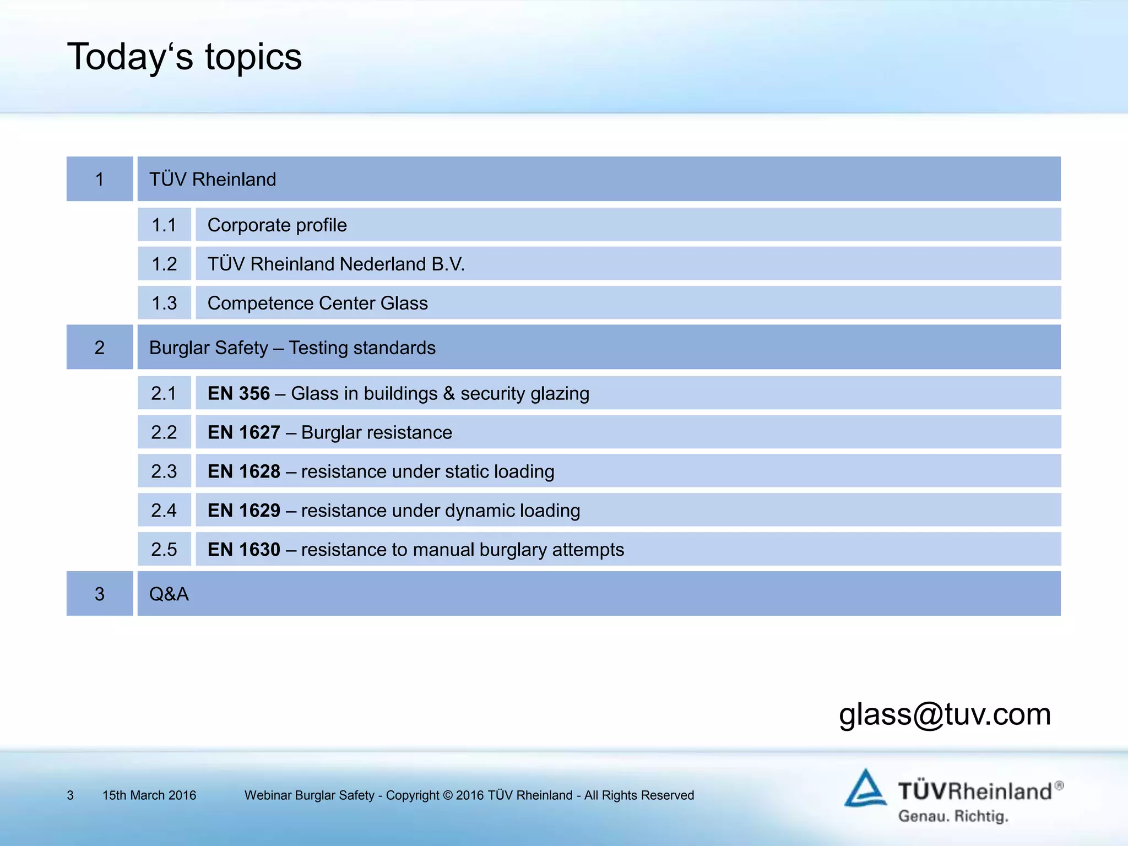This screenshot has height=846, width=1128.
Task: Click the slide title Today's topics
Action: tap(185, 57)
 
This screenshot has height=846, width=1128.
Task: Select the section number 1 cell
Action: tap(100, 179)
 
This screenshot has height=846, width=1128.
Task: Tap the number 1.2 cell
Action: tap(164, 264)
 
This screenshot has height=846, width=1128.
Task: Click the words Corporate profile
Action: tap(277, 225)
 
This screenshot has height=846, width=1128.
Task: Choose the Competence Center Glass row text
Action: tap(317, 303)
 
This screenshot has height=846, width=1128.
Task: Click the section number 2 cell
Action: tap(100, 348)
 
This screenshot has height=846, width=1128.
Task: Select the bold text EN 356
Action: tap(238, 393)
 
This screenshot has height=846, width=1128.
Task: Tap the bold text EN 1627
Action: tap(243, 432)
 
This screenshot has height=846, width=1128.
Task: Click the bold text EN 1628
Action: tap(243, 471)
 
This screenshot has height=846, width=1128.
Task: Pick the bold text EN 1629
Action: tap(243, 511)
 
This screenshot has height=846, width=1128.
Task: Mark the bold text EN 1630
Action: tap(243, 550)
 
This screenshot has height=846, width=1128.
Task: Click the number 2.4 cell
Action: tap(164, 511)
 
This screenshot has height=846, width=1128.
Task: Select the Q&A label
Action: tap(169, 594)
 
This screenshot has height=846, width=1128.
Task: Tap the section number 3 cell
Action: tap(100, 594)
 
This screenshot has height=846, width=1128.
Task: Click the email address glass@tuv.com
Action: tap(945, 714)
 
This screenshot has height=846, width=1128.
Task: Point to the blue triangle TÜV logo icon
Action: tap(865, 789)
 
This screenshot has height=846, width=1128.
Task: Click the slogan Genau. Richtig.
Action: tap(953, 816)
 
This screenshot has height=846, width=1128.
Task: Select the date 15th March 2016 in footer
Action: tap(149, 795)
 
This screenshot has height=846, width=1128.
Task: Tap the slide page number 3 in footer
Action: tap(70, 795)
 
